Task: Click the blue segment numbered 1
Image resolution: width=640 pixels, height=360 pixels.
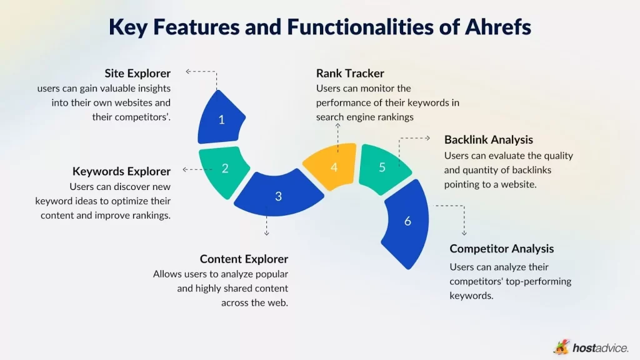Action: [221, 119]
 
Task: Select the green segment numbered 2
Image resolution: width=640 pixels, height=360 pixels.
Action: [224, 167]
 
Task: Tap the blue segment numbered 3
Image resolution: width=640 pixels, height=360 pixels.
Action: [279, 196]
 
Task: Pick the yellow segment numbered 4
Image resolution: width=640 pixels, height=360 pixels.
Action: [334, 167]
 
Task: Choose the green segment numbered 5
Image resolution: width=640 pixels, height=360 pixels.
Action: [382, 166]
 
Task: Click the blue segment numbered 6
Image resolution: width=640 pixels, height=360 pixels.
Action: [407, 221]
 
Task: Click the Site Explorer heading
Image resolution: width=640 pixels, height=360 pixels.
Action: [137, 74]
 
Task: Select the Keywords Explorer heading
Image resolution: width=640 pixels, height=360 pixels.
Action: [121, 171]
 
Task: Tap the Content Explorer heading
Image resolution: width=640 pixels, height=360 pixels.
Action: [244, 259]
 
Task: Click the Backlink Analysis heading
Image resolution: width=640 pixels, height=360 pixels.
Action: [489, 139]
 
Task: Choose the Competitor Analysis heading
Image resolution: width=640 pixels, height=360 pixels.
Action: [502, 249]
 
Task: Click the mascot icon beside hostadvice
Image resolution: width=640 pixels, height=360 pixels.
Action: [561, 347]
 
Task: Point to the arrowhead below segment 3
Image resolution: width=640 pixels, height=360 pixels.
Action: [267, 233]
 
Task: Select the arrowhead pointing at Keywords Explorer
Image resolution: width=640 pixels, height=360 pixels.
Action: [184, 169]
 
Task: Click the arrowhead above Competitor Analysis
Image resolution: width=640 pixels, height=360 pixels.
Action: [464, 233]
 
